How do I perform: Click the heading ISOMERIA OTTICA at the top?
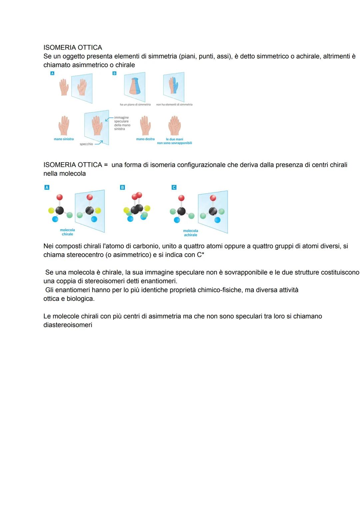click(73, 48)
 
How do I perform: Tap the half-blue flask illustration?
click(135, 86)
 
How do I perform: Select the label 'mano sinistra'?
click(64, 139)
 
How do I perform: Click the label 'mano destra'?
click(145, 139)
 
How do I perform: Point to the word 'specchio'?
click(86, 144)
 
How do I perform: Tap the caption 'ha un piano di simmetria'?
click(135, 105)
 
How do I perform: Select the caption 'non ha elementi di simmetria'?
click(174, 105)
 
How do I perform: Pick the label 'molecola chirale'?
click(67, 232)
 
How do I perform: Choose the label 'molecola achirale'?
click(190, 233)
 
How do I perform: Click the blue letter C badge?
click(174, 188)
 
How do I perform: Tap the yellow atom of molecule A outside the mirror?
click(51, 210)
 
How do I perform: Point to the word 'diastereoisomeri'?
click(68, 325)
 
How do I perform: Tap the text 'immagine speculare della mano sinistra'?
click(122, 123)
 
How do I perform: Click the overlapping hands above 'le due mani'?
click(174, 126)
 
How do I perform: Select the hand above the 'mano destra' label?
click(145, 126)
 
